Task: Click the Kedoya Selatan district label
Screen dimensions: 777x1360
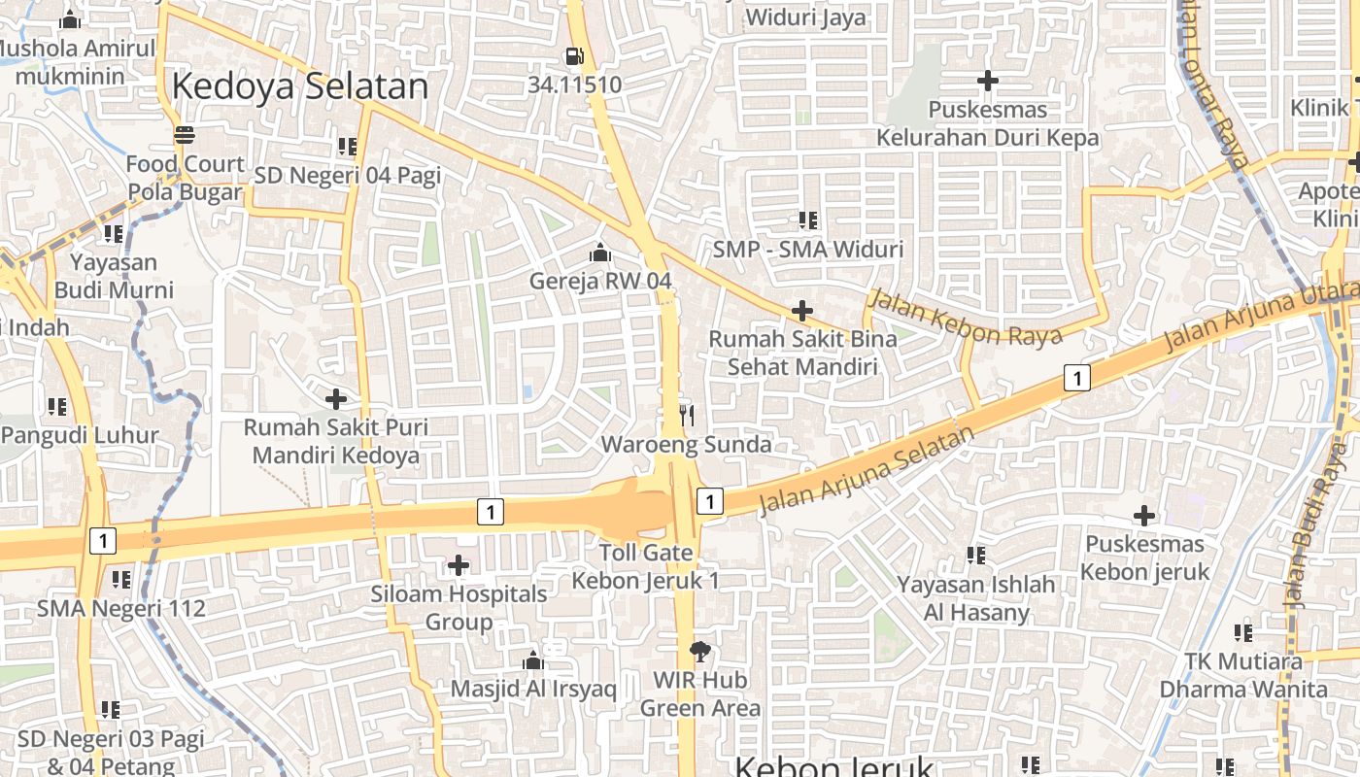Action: click(299, 86)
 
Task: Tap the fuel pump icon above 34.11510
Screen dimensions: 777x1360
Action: click(575, 57)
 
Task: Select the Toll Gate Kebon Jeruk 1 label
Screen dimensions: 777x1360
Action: click(646, 566)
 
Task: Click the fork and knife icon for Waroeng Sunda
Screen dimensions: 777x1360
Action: click(687, 416)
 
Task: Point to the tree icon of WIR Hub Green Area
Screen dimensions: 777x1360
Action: click(699, 651)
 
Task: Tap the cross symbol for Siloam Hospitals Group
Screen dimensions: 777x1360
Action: click(459, 565)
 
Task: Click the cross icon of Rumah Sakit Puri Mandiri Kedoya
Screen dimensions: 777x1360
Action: click(335, 399)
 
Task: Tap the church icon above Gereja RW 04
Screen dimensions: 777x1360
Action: click(600, 253)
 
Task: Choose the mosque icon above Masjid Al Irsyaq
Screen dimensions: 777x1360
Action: click(532, 661)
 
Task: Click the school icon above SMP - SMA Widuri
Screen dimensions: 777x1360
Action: click(808, 220)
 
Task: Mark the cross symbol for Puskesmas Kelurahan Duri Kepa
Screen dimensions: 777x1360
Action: click(988, 81)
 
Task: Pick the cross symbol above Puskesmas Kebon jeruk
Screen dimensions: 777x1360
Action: click(1144, 516)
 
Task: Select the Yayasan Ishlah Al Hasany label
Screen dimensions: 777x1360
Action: click(976, 598)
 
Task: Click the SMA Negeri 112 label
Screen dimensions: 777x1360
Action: click(121, 609)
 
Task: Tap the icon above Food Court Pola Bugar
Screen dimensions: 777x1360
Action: click(184, 134)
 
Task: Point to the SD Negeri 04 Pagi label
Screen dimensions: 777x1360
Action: click(347, 176)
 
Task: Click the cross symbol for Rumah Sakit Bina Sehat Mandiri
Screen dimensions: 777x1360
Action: click(802, 311)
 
